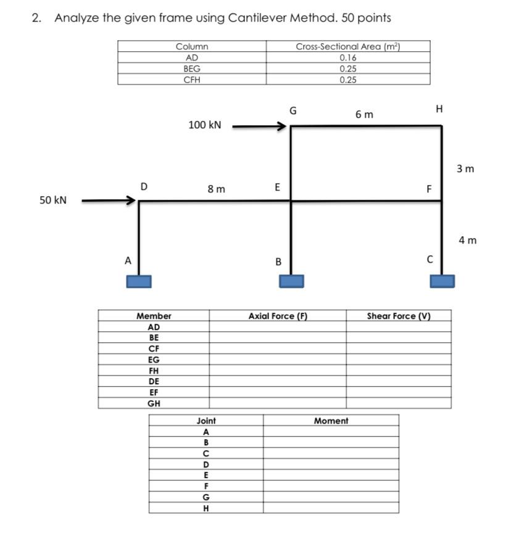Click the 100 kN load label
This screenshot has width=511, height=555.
tap(204, 125)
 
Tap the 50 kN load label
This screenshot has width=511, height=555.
tap(52, 200)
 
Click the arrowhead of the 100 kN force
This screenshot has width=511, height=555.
tap(282, 127)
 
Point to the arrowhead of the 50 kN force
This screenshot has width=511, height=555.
tap(131, 200)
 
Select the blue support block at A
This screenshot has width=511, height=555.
tap(139, 281)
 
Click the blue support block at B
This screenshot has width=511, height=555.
tap(291, 281)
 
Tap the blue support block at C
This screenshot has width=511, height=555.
tap(442, 281)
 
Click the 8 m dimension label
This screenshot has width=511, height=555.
tap(216, 189)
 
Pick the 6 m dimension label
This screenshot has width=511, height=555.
tap(364, 115)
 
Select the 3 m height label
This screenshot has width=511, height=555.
tap(465, 168)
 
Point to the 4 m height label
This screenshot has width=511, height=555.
tap(468, 240)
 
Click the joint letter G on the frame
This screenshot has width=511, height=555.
tap(293, 111)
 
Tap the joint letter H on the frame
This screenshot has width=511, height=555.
tap(439, 109)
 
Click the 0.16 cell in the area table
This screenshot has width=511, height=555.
tap(348, 57)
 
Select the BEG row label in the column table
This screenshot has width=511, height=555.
tap(192, 68)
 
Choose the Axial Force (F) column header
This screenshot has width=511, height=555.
tap(278, 316)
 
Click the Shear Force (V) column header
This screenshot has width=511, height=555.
tap(398, 316)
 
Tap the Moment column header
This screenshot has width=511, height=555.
tap(331, 421)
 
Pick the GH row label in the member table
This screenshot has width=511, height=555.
tap(154, 403)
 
